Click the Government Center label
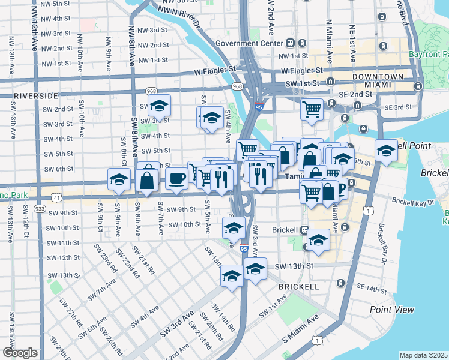tap(249, 43)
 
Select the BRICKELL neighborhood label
tap(298, 287)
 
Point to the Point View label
tap(392, 310)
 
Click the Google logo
tap(20, 353)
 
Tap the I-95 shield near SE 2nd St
tap(259, 107)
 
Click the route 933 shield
tap(40, 208)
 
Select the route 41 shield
tap(56, 197)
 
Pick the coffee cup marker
tap(176, 178)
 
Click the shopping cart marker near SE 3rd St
tap(312, 109)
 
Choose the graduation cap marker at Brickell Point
tap(385, 150)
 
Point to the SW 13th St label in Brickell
tap(295, 266)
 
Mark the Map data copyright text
tap(424, 355)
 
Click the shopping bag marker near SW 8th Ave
tap(147, 179)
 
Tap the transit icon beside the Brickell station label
tap(304, 230)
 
